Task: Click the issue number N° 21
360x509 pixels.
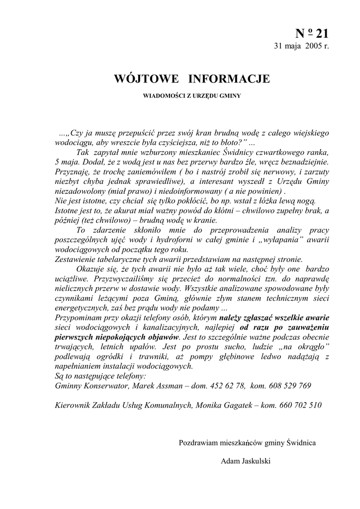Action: tap(312, 34)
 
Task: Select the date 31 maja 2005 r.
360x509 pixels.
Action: tap(302, 46)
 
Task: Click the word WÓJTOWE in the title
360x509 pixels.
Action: tap(144, 79)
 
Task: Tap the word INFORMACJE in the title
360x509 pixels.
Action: tap(229, 79)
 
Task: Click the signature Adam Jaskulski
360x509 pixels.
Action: tap(246, 461)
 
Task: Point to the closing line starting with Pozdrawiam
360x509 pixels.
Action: tap(247, 442)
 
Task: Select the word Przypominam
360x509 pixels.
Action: tap(78, 318)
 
